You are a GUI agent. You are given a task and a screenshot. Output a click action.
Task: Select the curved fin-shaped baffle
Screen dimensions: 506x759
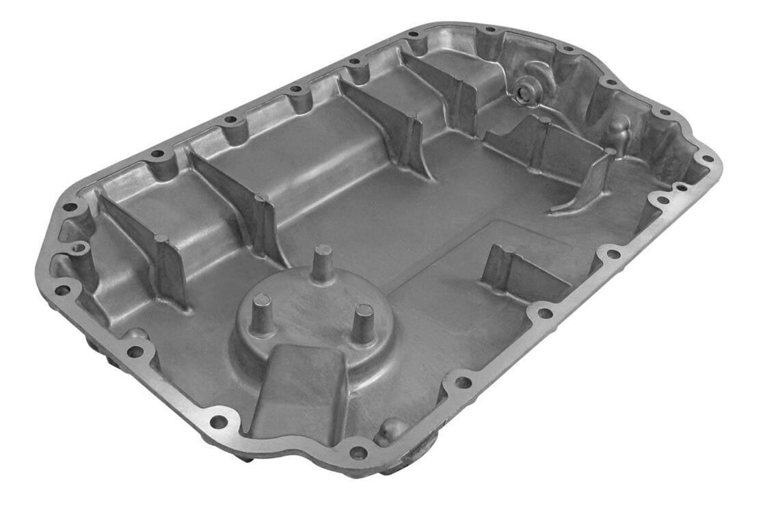(x=588, y=181)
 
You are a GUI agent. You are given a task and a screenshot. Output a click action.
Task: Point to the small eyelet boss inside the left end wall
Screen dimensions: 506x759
(x=80, y=247)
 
